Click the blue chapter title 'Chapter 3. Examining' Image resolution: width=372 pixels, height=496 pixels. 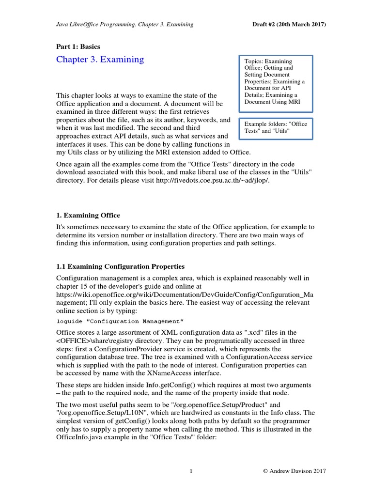click(x=100, y=60)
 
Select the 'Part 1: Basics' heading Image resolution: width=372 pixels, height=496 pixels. click(x=78, y=46)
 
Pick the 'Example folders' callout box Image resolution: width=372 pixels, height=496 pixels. click(x=275, y=127)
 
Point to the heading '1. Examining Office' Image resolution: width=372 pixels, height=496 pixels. click(x=88, y=215)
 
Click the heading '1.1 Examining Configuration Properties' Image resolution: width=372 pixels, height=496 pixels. click(x=120, y=266)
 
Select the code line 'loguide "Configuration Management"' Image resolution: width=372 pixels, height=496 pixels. click(x=120, y=321)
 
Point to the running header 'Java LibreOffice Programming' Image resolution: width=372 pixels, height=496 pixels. click(x=97, y=24)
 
